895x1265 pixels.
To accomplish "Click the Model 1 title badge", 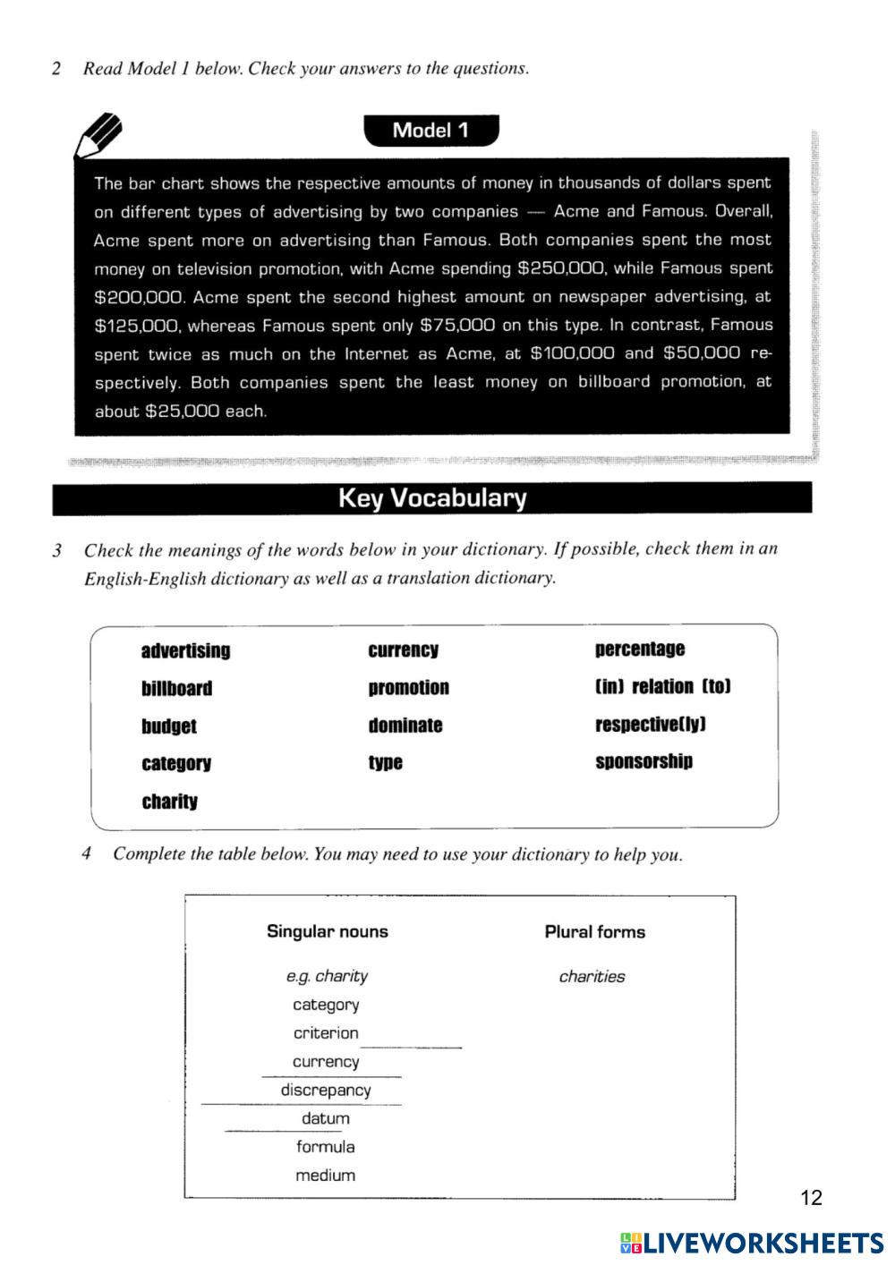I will coord(430,131).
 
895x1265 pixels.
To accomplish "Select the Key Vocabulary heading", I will coord(431,498).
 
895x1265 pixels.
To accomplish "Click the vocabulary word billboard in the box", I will coord(176,689).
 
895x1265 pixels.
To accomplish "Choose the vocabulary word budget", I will coord(168,726).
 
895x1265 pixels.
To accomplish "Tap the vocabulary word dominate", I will coord(405,726).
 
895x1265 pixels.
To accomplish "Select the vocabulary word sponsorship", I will coord(644,762).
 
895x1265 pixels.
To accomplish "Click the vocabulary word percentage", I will coord(639,649).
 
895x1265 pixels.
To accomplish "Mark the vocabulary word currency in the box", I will coord(403,650).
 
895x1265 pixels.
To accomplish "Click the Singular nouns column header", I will coord(327,931).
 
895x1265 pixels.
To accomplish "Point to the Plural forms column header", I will coord(594,932).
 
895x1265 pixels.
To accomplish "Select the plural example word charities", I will coord(592,977).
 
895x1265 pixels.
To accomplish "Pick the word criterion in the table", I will coord(326,1033).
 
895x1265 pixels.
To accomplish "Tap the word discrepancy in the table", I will coord(326,1091).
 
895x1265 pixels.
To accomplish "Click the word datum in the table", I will coord(326,1119).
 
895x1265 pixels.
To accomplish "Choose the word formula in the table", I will coord(326,1147).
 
